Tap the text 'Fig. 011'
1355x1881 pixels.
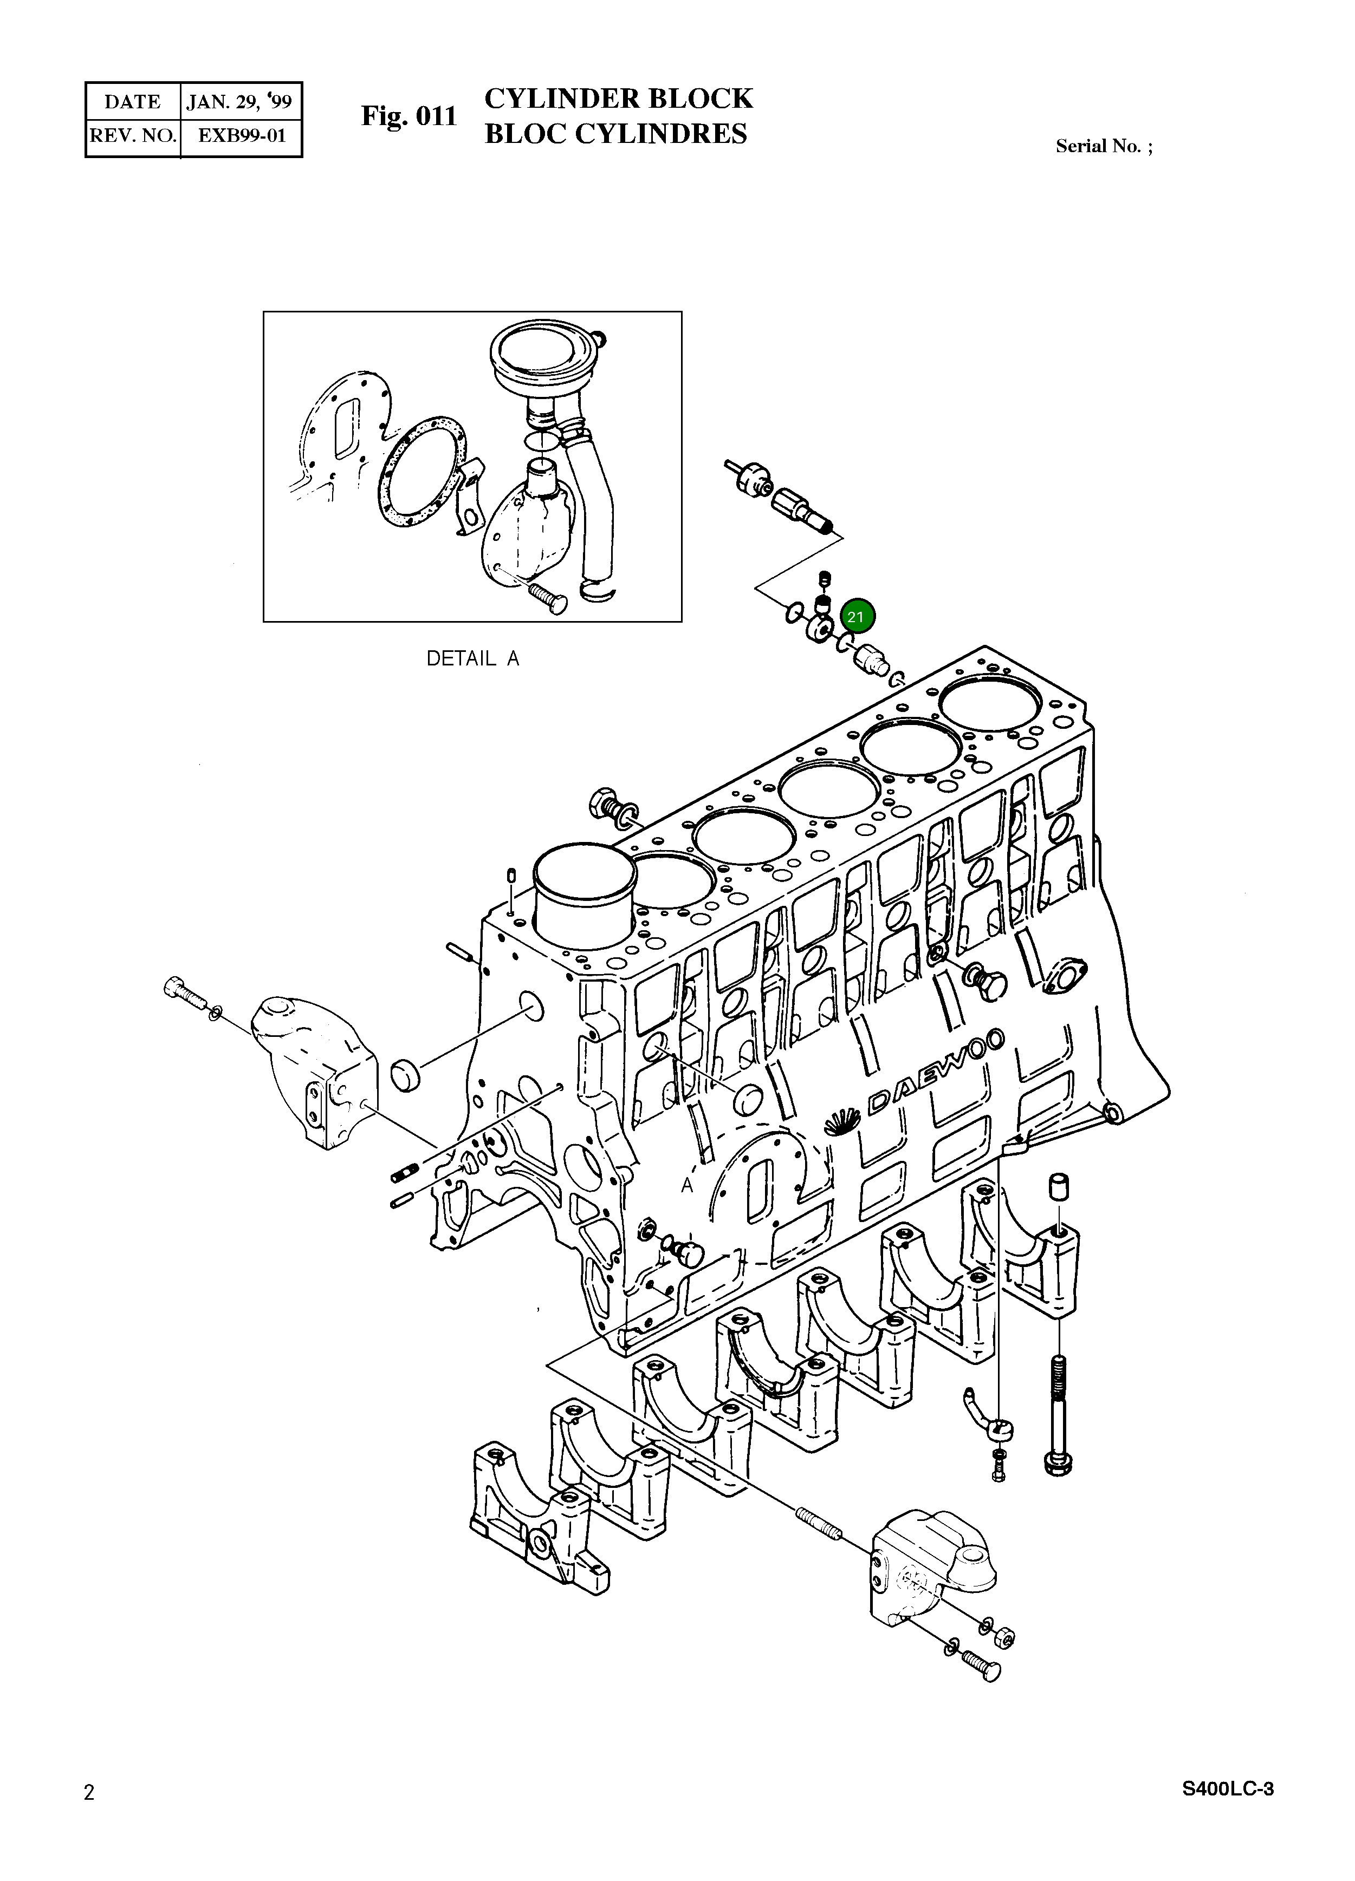(409, 116)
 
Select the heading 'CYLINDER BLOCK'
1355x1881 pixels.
(618, 99)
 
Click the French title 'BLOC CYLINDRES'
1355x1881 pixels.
(615, 134)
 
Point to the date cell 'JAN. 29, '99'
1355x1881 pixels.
(239, 102)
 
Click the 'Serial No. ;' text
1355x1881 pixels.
(1104, 147)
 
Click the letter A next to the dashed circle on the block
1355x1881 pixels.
(687, 1186)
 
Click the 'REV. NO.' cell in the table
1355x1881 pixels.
(133, 136)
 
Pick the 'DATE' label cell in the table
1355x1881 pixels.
(133, 102)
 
